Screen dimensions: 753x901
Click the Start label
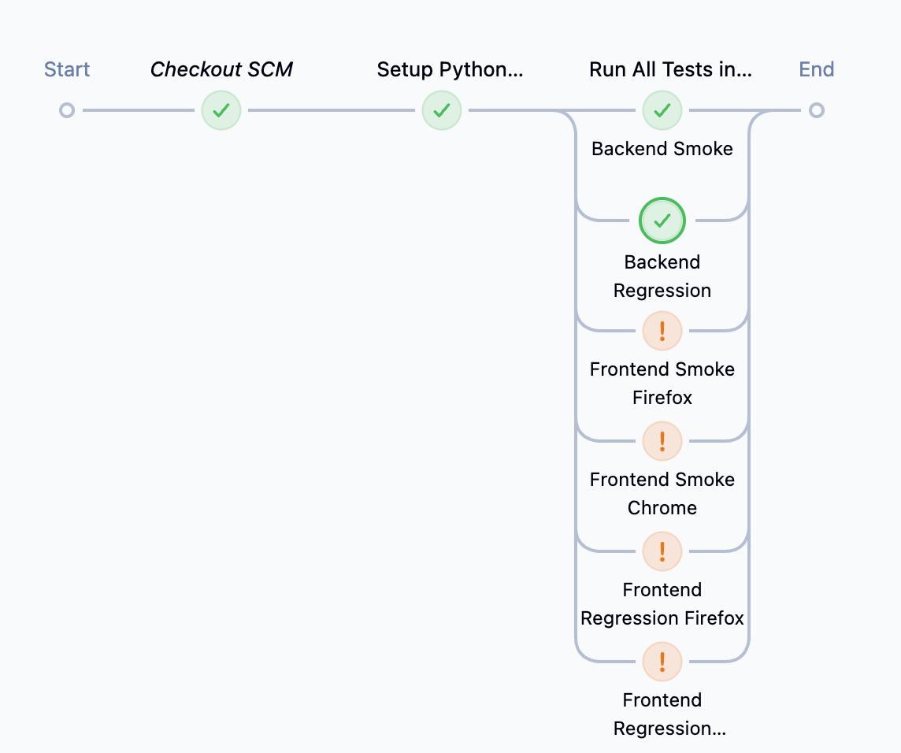point(67,69)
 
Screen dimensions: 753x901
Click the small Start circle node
point(67,110)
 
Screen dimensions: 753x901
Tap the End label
point(817,69)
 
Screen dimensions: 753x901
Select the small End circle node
point(817,110)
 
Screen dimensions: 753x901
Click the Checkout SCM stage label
point(221,69)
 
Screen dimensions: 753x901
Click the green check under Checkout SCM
point(221,110)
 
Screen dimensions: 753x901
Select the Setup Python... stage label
point(450,69)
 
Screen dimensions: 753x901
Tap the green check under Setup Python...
point(442,110)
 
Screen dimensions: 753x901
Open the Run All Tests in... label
point(670,69)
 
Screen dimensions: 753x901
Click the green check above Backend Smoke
point(662,110)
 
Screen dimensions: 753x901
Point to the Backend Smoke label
point(662,149)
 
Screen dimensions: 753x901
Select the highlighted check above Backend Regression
point(662,221)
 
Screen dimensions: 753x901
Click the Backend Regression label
point(662,276)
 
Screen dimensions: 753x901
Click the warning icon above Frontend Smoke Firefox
point(662,331)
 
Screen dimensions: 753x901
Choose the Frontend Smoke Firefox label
point(662,384)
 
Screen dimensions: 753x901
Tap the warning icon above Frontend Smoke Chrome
point(662,441)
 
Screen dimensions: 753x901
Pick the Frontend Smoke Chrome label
point(662,494)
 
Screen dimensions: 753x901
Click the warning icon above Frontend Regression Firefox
point(662,551)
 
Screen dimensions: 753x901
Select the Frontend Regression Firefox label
point(662,604)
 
